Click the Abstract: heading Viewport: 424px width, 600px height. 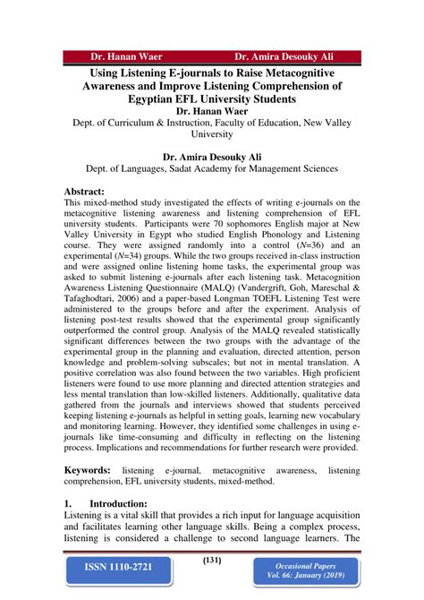[85, 192]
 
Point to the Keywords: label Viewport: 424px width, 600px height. [87, 470]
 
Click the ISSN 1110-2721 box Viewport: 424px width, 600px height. [120, 567]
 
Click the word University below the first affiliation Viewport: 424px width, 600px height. [211, 133]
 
